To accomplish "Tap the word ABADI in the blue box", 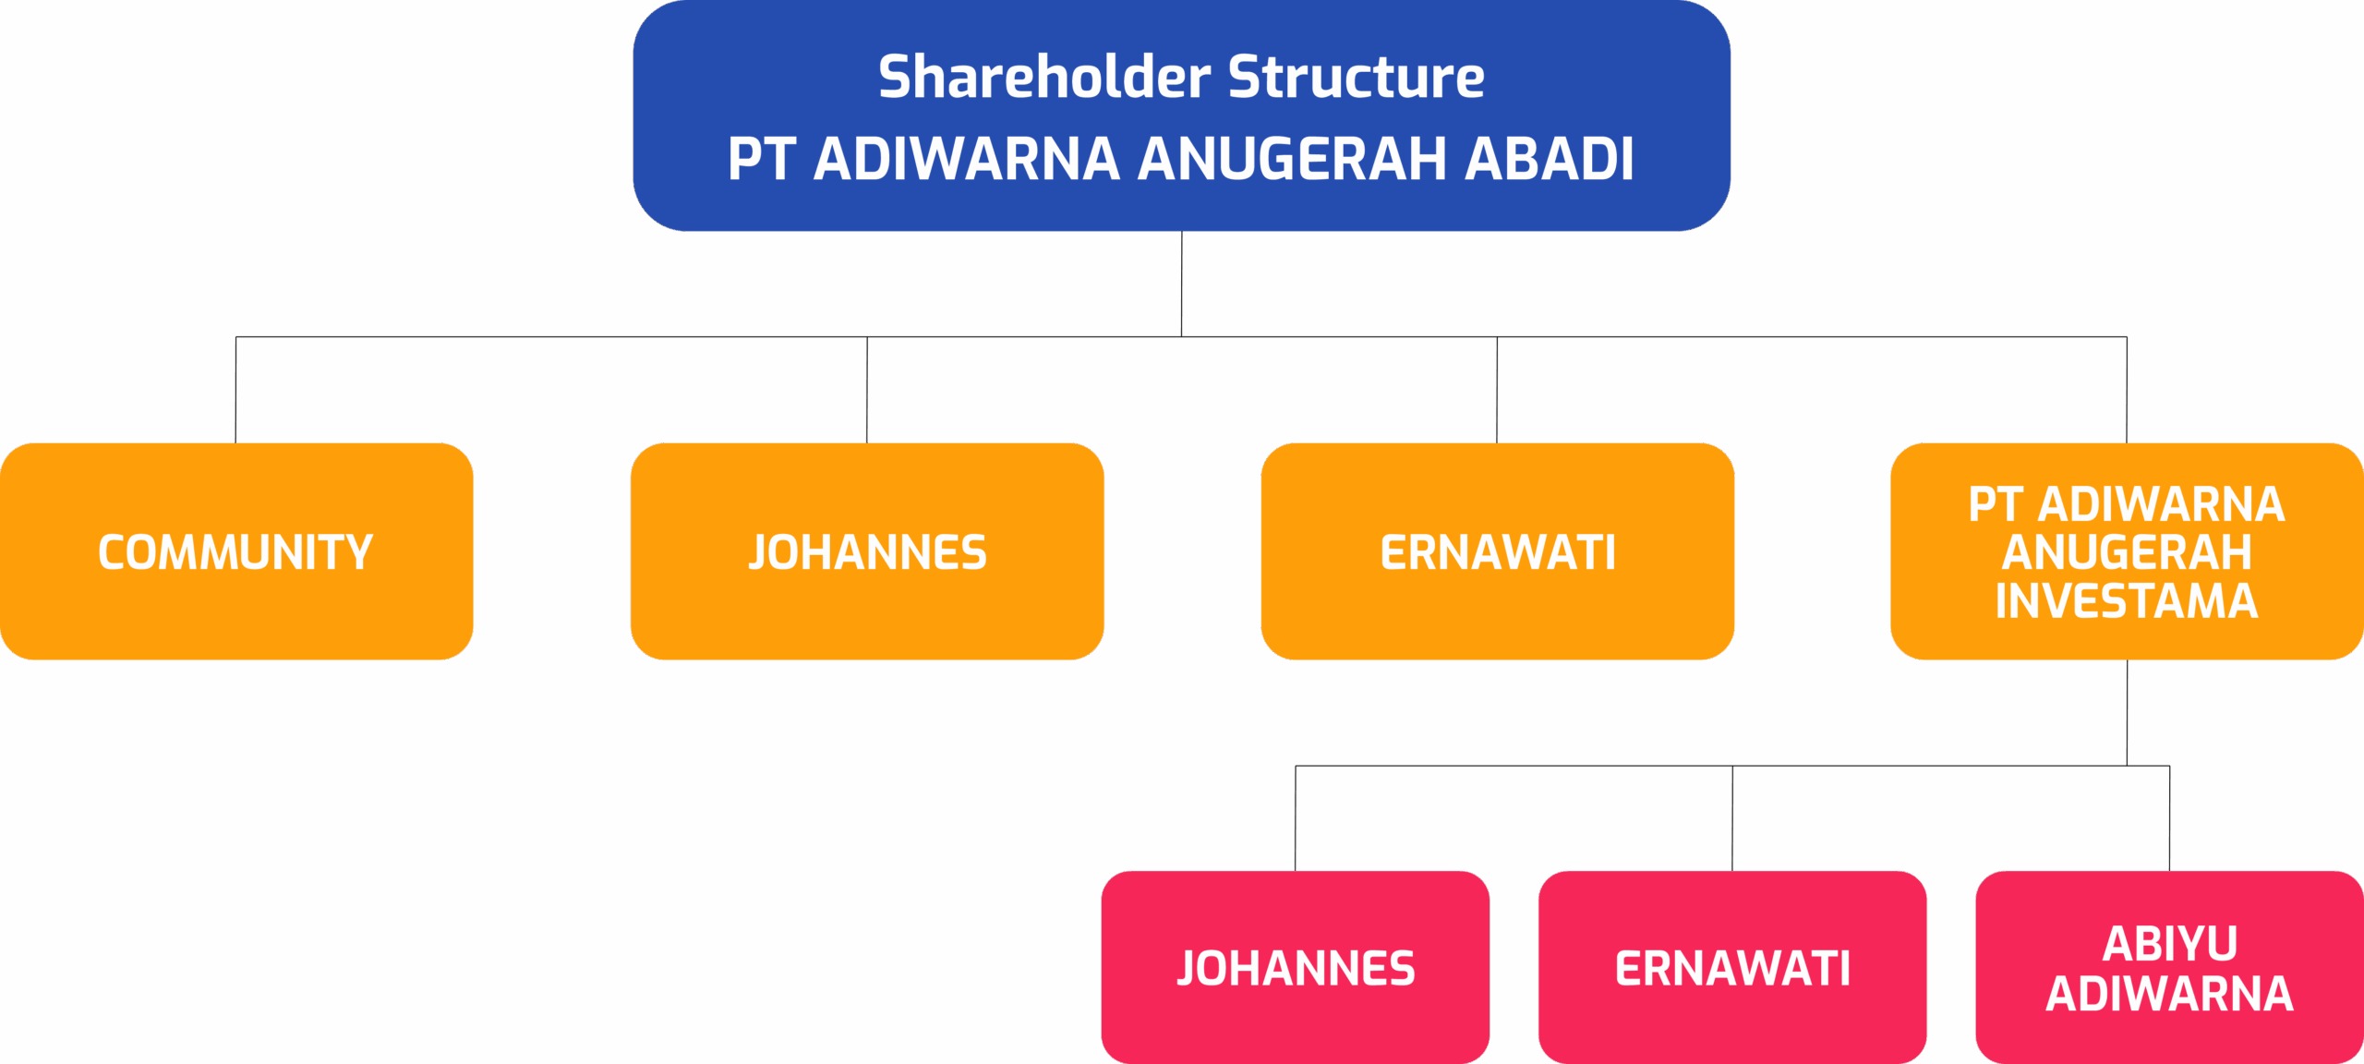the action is pyautogui.click(x=1550, y=158).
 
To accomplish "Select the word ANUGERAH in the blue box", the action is pyautogui.click(x=1293, y=158).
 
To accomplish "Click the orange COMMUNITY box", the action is pyautogui.click(x=236, y=551).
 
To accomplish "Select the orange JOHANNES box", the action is pyautogui.click(x=867, y=551).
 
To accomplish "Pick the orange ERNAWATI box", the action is pyautogui.click(x=1498, y=551).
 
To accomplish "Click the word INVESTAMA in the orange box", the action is pyautogui.click(x=2127, y=601).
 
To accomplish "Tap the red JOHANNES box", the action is pyautogui.click(x=1296, y=967).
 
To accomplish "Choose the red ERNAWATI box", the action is pyautogui.click(x=1732, y=967).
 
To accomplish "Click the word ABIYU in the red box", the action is pyautogui.click(x=2170, y=944).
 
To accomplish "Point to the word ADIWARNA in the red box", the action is pyautogui.click(x=2170, y=994).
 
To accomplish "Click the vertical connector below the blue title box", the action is pyautogui.click(x=1182, y=284).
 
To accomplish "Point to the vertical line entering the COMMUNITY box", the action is pyautogui.click(x=236, y=390).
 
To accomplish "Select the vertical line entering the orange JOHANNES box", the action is pyautogui.click(x=867, y=390).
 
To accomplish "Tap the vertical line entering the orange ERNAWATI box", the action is pyautogui.click(x=1497, y=390).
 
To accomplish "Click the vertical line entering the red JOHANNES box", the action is pyautogui.click(x=1296, y=818).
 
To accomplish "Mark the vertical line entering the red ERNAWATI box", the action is pyautogui.click(x=1732, y=818).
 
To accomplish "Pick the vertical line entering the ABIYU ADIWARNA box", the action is pyautogui.click(x=2170, y=818).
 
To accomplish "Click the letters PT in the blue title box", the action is pyautogui.click(x=762, y=158).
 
